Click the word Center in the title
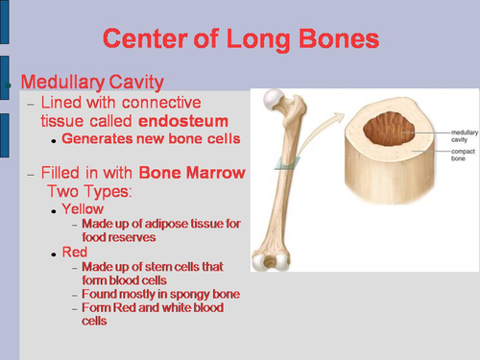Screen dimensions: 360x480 tap(146, 39)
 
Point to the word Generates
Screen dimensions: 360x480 tap(97, 138)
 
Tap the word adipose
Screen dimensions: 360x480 tap(162, 223)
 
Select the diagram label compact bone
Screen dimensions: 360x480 tap(449, 157)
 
